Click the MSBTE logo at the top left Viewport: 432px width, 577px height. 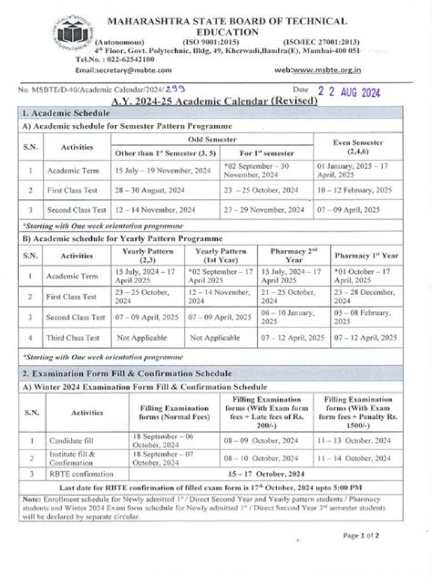coord(73,33)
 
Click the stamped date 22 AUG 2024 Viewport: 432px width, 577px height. coord(349,92)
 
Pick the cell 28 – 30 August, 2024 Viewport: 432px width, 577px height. coord(151,190)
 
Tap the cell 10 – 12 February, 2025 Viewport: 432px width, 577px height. coord(355,190)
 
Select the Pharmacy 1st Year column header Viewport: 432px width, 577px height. coord(366,255)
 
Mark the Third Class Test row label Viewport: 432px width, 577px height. coord(73,338)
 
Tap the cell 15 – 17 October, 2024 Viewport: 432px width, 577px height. coord(266,474)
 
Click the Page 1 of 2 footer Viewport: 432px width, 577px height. coord(361,535)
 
